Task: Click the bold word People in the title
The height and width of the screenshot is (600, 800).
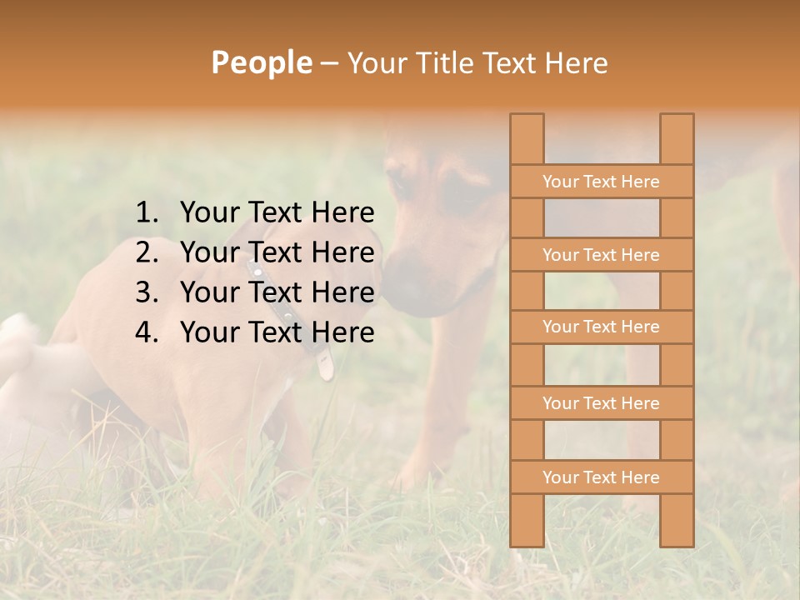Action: pos(261,62)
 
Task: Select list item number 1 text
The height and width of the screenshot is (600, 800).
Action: pos(277,213)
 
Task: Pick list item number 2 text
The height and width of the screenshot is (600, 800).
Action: pos(277,252)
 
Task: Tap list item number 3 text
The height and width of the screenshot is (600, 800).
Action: pos(277,292)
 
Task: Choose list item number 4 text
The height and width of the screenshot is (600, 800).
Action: pos(277,332)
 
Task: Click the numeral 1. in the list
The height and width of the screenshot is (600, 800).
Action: pos(147,213)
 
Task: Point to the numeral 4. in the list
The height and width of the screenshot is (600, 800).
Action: pos(147,332)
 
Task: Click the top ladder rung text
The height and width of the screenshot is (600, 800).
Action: pos(601,182)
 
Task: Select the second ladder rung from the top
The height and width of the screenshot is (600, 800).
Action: pos(601,255)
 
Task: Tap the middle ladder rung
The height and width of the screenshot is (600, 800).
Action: pos(601,327)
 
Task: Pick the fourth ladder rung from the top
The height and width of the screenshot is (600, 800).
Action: pos(601,403)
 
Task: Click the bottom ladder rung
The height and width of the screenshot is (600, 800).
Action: pos(601,477)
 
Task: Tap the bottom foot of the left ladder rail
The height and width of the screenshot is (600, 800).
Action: pos(527,537)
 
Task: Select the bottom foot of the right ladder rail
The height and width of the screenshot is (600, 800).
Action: pos(677,537)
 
